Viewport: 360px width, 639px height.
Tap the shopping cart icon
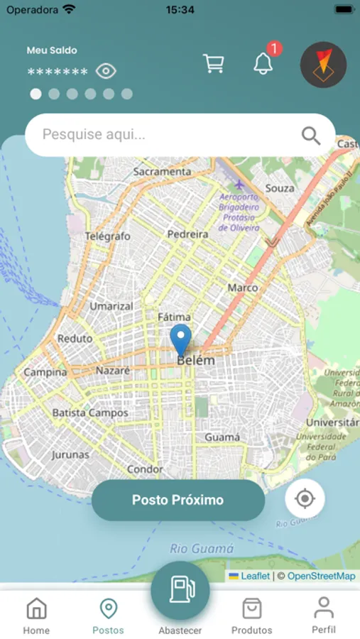coord(213,64)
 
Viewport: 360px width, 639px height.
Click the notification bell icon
coord(263,63)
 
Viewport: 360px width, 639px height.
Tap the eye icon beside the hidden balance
coord(106,71)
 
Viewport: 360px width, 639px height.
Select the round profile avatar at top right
coord(323,65)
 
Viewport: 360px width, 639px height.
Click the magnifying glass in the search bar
coord(311,135)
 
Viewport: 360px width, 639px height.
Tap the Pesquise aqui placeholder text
coord(94,134)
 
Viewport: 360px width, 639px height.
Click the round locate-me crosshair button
coord(305,498)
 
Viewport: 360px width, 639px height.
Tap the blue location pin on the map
coord(181,339)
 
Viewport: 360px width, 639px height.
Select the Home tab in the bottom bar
coord(36,616)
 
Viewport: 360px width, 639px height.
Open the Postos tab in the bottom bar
coord(108,616)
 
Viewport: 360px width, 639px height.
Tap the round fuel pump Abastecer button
coord(180,591)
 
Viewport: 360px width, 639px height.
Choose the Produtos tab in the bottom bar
coord(251,616)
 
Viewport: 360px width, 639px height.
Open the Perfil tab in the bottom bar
coord(324,615)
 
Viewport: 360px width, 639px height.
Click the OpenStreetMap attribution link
coord(321,576)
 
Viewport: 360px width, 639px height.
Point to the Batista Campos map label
coord(90,413)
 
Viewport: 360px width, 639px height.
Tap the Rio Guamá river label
coord(202,548)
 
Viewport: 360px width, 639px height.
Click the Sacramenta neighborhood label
coord(162,172)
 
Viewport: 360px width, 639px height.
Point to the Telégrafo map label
coord(108,236)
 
